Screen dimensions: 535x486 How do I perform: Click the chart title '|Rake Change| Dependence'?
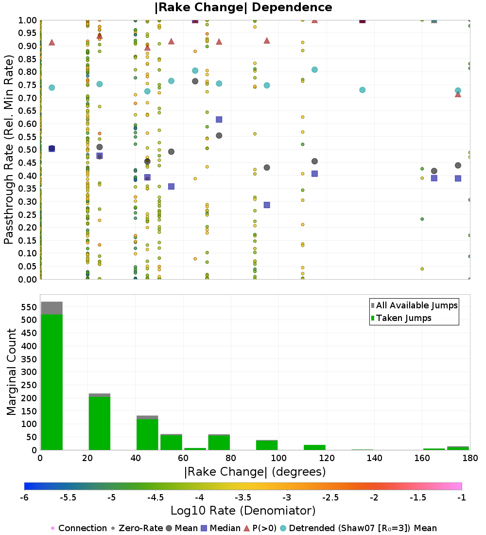(243, 7)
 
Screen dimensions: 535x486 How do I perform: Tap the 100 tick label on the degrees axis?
(278, 458)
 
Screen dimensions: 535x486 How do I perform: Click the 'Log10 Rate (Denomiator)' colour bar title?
(243, 511)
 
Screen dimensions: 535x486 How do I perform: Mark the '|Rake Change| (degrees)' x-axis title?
(255, 472)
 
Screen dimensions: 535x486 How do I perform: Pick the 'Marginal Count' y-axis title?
(12, 372)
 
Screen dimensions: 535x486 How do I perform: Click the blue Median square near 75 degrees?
(219, 120)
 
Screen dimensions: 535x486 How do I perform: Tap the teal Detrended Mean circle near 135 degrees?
(362, 90)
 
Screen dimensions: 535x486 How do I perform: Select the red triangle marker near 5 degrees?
(52, 42)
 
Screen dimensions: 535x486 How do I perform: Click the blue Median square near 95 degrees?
(267, 205)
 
